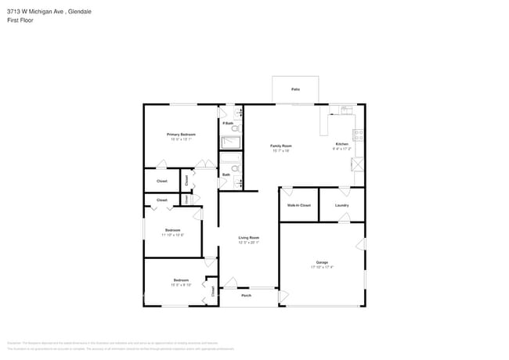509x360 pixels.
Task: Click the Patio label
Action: click(295, 89)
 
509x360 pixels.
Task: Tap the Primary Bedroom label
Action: click(181, 135)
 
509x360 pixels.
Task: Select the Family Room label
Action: click(280, 146)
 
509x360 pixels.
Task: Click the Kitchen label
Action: click(342, 145)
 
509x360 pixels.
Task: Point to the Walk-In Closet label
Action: click(298, 205)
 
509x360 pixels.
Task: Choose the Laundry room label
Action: click(341, 205)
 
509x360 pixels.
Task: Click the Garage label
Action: click(322, 262)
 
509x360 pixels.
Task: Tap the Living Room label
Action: click(248, 237)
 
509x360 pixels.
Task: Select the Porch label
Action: click(246, 296)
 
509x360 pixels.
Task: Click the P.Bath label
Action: click(227, 124)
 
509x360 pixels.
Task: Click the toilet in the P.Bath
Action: click(240, 129)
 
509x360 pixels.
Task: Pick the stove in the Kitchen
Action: click(359, 134)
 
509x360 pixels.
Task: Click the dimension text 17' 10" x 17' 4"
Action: click(322, 268)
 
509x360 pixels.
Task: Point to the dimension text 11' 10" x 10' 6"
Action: click(172, 235)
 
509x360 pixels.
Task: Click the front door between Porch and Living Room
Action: click(231, 283)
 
